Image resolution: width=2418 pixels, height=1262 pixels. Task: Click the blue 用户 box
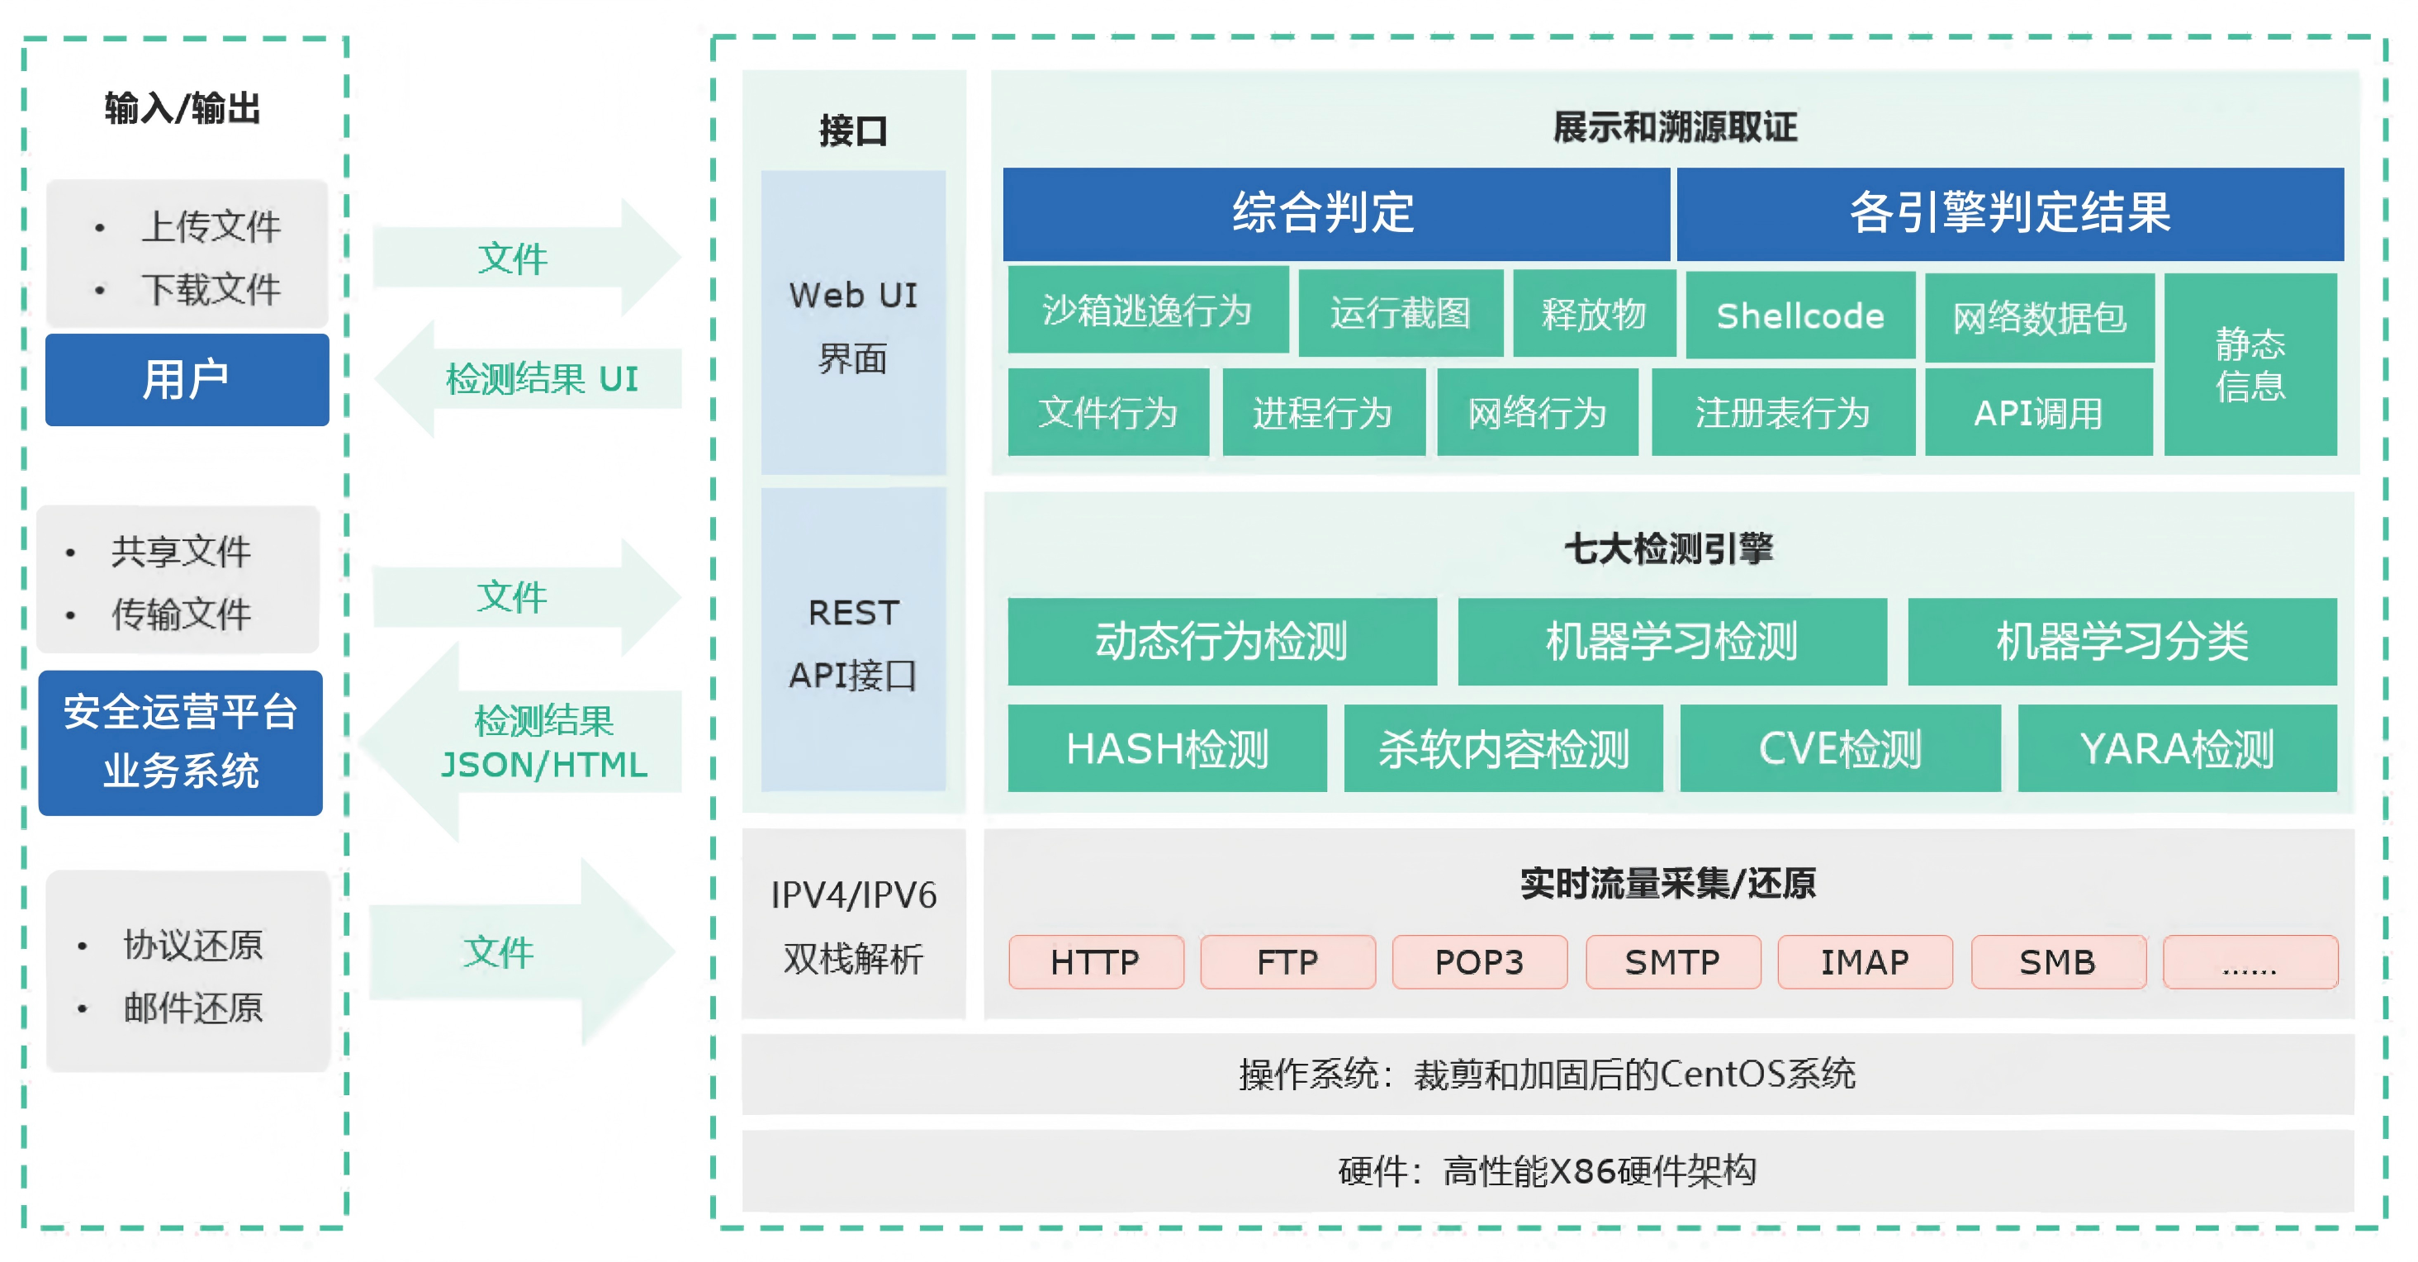(x=187, y=379)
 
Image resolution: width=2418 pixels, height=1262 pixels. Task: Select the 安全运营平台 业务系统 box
(x=180, y=742)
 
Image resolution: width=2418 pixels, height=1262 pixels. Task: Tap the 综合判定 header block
(x=1335, y=213)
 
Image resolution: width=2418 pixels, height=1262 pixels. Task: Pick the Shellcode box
(x=1799, y=315)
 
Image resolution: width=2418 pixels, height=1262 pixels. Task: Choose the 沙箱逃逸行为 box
(x=1147, y=310)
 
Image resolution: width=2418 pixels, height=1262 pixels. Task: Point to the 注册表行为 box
(x=1781, y=412)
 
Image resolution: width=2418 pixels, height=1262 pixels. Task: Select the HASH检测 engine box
(x=1167, y=748)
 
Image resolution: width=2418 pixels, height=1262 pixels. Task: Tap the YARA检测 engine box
(x=2176, y=748)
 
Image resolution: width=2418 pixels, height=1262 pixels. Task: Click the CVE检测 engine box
(x=1839, y=748)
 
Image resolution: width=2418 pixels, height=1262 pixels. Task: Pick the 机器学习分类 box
(x=2122, y=642)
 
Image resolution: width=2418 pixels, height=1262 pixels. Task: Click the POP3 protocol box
(x=1478, y=961)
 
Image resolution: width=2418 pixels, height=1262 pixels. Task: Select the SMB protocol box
(x=2058, y=961)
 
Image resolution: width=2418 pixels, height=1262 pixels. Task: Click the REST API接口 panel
(x=852, y=642)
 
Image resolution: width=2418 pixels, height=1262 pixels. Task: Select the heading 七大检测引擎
(x=1668, y=548)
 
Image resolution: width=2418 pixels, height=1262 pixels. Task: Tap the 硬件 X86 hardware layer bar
(x=1547, y=1171)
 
